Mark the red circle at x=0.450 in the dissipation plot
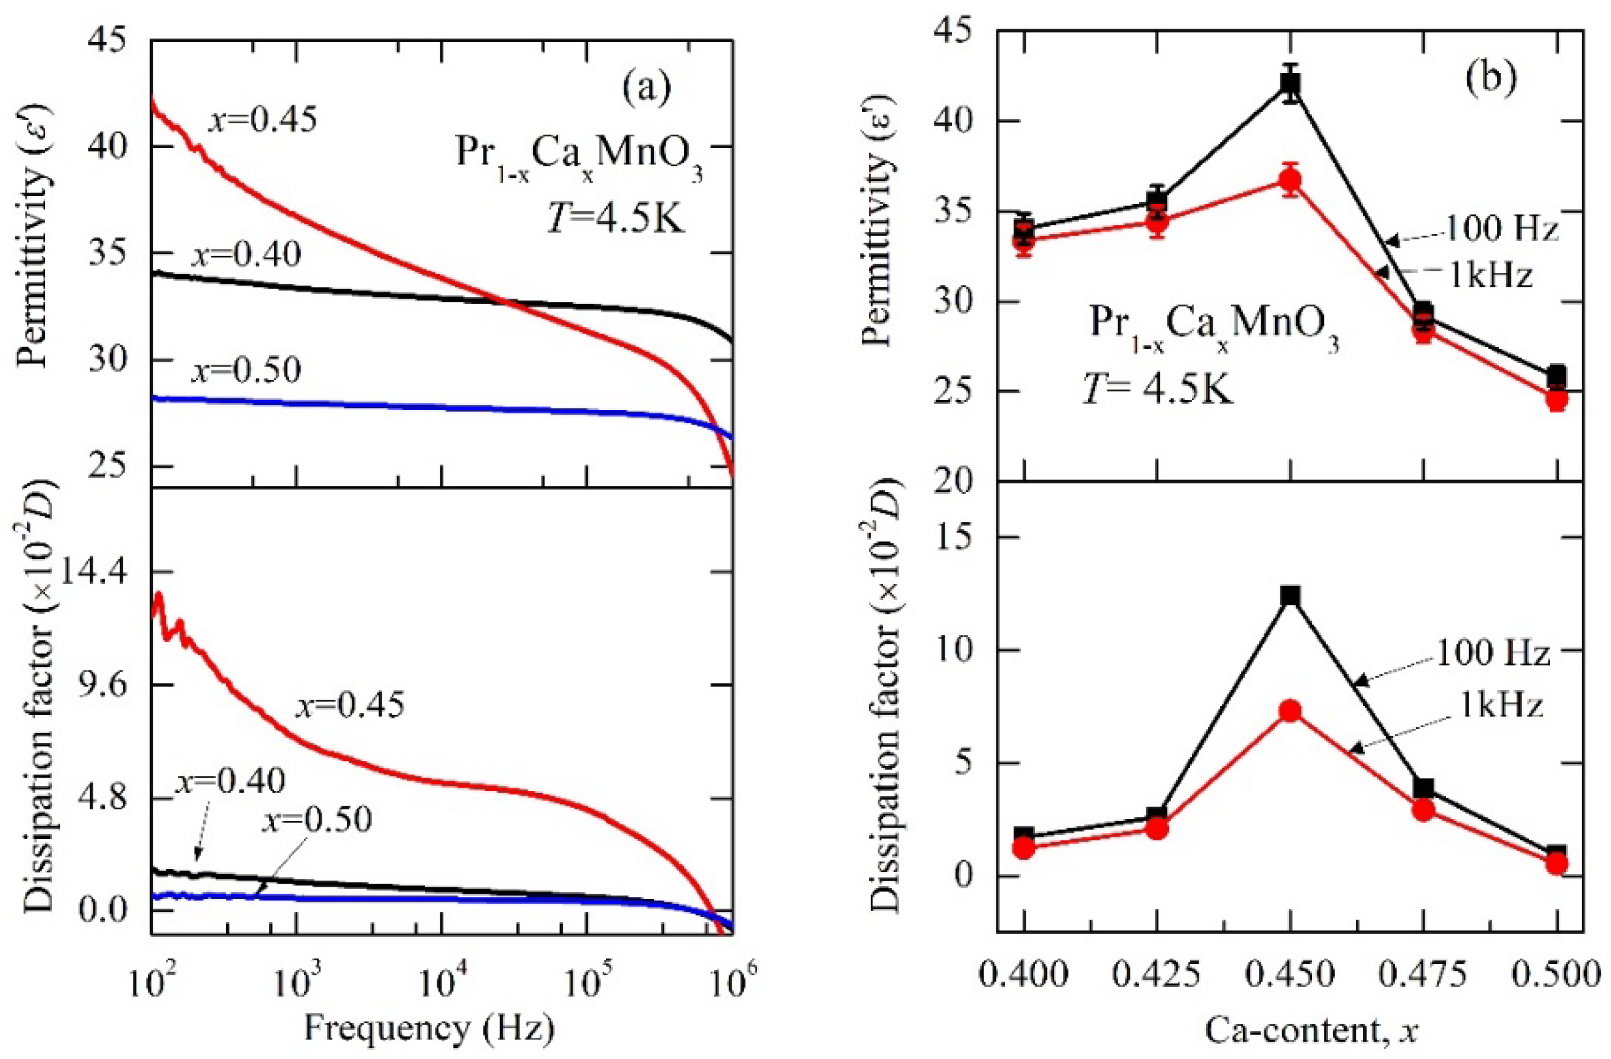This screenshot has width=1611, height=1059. tap(1291, 711)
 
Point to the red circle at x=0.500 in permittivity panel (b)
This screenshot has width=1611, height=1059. tap(1557, 400)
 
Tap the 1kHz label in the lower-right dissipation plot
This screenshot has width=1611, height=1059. tap(1500, 705)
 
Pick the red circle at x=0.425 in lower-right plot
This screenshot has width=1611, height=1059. tap(1157, 828)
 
